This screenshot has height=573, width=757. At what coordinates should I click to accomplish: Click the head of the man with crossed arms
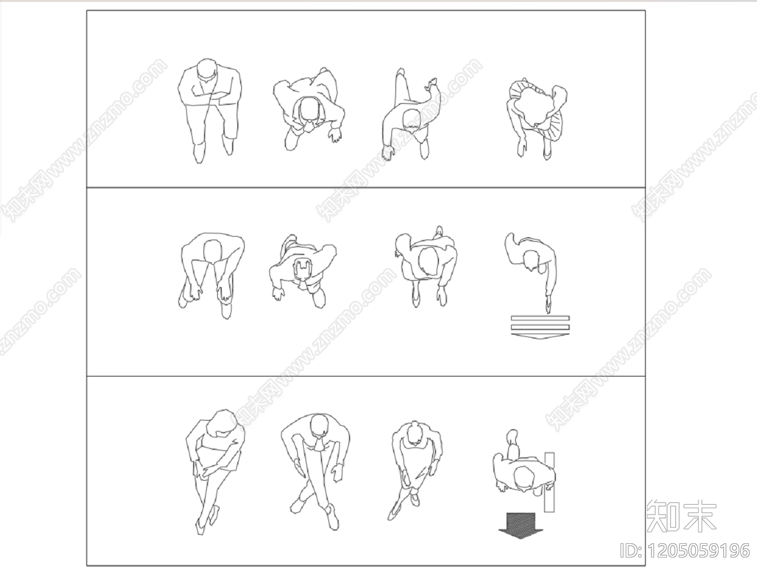tap(206, 71)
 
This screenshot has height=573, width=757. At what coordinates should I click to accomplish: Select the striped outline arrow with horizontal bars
tap(540, 327)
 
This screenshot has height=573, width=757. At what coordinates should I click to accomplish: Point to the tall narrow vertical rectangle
tap(550, 481)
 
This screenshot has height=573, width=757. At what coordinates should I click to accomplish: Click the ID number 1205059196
tap(685, 551)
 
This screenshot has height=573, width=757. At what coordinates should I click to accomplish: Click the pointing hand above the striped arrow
tap(548, 307)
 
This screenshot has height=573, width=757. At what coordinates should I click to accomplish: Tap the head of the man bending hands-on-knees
tap(213, 251)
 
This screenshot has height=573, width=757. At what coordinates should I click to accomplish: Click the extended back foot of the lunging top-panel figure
tap(400, 74)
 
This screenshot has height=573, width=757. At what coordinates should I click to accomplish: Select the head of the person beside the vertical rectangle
tap(523, 479)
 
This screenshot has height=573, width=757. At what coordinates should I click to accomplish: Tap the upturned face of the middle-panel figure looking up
tap(301, 270)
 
